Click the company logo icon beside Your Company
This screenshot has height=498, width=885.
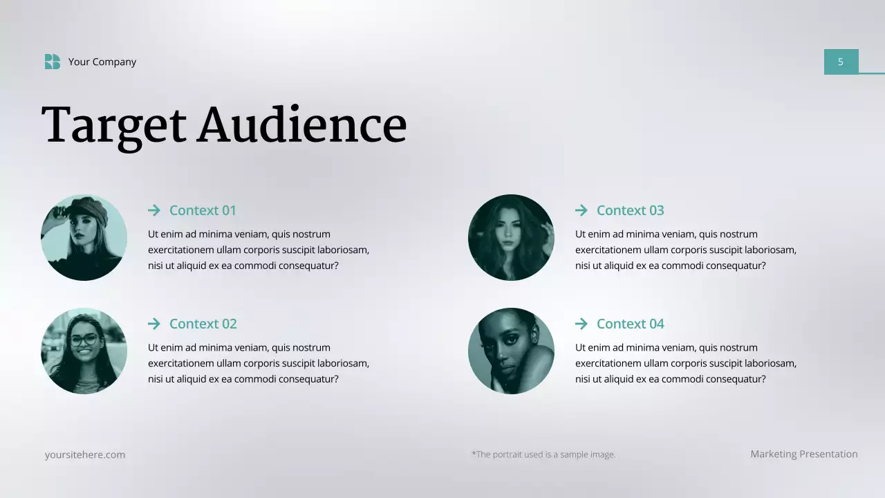coord(53,62)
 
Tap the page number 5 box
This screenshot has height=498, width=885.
coord(841,62)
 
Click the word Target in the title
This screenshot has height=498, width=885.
coord(114,125)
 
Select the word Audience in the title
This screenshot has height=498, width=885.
coord(302,125)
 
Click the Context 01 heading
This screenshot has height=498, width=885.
coord(203,210)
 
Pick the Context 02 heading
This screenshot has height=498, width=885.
coord(203,324)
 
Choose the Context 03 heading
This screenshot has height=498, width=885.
coord(630,210)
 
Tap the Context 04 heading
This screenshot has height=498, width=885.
coord(630,324)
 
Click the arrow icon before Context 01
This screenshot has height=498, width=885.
coord(154,210)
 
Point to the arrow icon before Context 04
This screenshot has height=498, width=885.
coord(581,324)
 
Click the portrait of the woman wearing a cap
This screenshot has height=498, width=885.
coord(84,237)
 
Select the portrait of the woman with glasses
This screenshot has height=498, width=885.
coord(84,351)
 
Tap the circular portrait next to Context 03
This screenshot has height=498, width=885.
coord(511,237)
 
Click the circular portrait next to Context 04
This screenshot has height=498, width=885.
coord(511,351)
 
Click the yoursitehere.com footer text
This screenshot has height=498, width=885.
coord(85,454)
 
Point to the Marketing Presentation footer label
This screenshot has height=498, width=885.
coord(804,454)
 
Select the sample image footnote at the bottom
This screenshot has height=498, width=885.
coord(543,454)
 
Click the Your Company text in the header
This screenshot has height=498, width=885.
coord(102,62)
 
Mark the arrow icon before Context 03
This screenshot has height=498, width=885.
coord(581,210)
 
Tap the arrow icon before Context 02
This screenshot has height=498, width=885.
coord(154,324)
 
